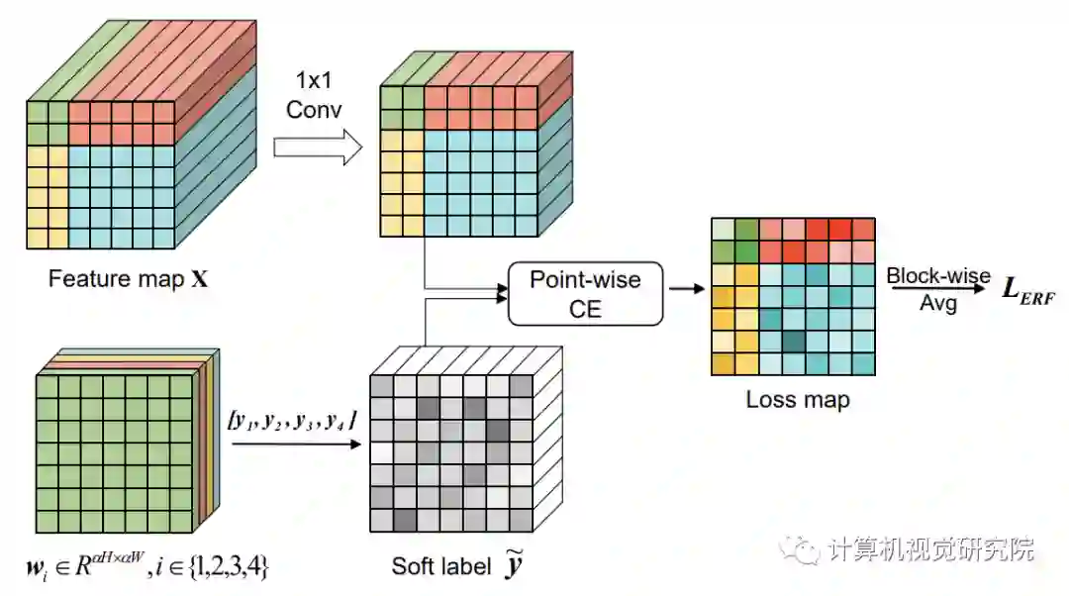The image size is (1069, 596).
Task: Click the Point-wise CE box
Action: coord(585,293)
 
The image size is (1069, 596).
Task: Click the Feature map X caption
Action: coord(129,279)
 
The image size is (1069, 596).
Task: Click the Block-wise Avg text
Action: coord(937,289)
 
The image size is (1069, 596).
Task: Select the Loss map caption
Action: coord(798,400)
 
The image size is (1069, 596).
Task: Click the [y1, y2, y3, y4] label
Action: coord(292,423)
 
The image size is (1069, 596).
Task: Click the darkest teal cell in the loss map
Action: coord(793,342)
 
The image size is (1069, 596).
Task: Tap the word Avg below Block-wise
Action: coord(937,303)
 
